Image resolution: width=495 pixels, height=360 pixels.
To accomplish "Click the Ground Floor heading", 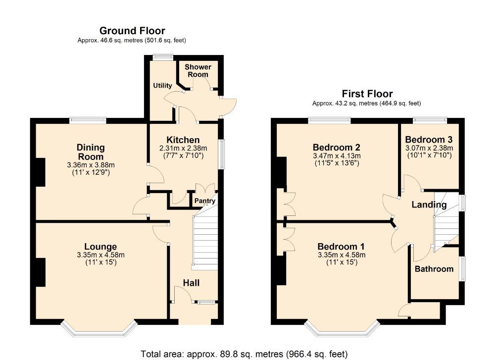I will pyautogui.click(x=132, y=31).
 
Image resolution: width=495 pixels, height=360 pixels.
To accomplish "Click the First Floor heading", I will pyautogui.click(x=367, y=94).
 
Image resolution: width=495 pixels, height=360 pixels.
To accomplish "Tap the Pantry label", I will pyautogui.click(x=204, y=201).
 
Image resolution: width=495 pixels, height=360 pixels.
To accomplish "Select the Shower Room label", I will pyautogui.click(x=198, y=70).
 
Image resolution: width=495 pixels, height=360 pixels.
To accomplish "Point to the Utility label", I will pyautogui.click(x=162, y=86).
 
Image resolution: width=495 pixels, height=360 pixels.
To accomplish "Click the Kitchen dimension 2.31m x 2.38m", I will pyautogui.click(x=183, y=149).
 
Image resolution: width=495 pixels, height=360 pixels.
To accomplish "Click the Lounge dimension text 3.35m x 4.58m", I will pyautogui.click(x=100, y=255).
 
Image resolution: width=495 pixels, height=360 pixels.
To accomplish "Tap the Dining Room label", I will pyautogui.click(x=91, y=152).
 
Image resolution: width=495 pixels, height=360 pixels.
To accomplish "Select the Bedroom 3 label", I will pyautogui.click(x=429, y=140).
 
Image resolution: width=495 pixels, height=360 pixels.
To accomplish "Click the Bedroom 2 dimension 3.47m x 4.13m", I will pyautogui.click(x=336, y=155).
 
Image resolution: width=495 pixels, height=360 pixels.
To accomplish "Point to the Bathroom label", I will pyautogui.click(x=434, y=269).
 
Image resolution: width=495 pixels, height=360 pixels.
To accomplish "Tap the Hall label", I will pyautogui.click(x=191, y=283).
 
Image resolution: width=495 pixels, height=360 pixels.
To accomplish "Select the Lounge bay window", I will pyautogui.click(x=99, y=328).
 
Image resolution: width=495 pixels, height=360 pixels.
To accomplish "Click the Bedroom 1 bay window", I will pyautogui.click(x=342, y=329).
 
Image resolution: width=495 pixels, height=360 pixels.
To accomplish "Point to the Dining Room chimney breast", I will pyautogui.click(x=40, y=172).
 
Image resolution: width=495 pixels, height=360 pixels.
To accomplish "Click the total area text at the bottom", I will pyautogui.click(x=244, y=354).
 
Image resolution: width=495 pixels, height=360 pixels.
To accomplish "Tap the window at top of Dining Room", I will pyautogui.click(x=88, y=119).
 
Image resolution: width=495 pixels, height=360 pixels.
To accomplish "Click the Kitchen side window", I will pyautogui.click(x=221, y=154).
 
